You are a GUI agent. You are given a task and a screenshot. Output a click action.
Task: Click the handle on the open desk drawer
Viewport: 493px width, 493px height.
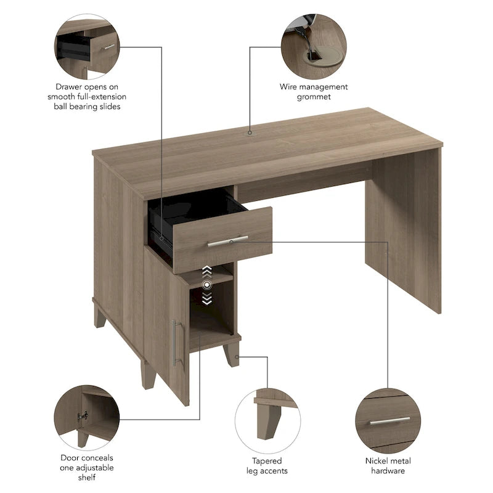point(227,241)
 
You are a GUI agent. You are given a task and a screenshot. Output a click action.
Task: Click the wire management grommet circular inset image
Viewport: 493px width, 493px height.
point(314,46)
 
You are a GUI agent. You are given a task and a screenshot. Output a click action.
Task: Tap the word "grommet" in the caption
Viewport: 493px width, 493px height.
point(314,97)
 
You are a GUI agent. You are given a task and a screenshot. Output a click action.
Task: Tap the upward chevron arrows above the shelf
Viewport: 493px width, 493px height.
point(208,270)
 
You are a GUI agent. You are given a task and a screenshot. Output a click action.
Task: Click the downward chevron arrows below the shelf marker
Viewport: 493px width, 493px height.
point(208,299)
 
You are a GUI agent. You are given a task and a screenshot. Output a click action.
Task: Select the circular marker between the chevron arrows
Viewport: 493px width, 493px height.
point(208,284)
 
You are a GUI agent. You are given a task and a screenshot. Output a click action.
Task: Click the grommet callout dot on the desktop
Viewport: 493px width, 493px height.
point(250,132)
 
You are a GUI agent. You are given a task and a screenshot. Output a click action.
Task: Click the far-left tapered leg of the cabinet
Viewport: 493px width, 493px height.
point(100,315)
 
